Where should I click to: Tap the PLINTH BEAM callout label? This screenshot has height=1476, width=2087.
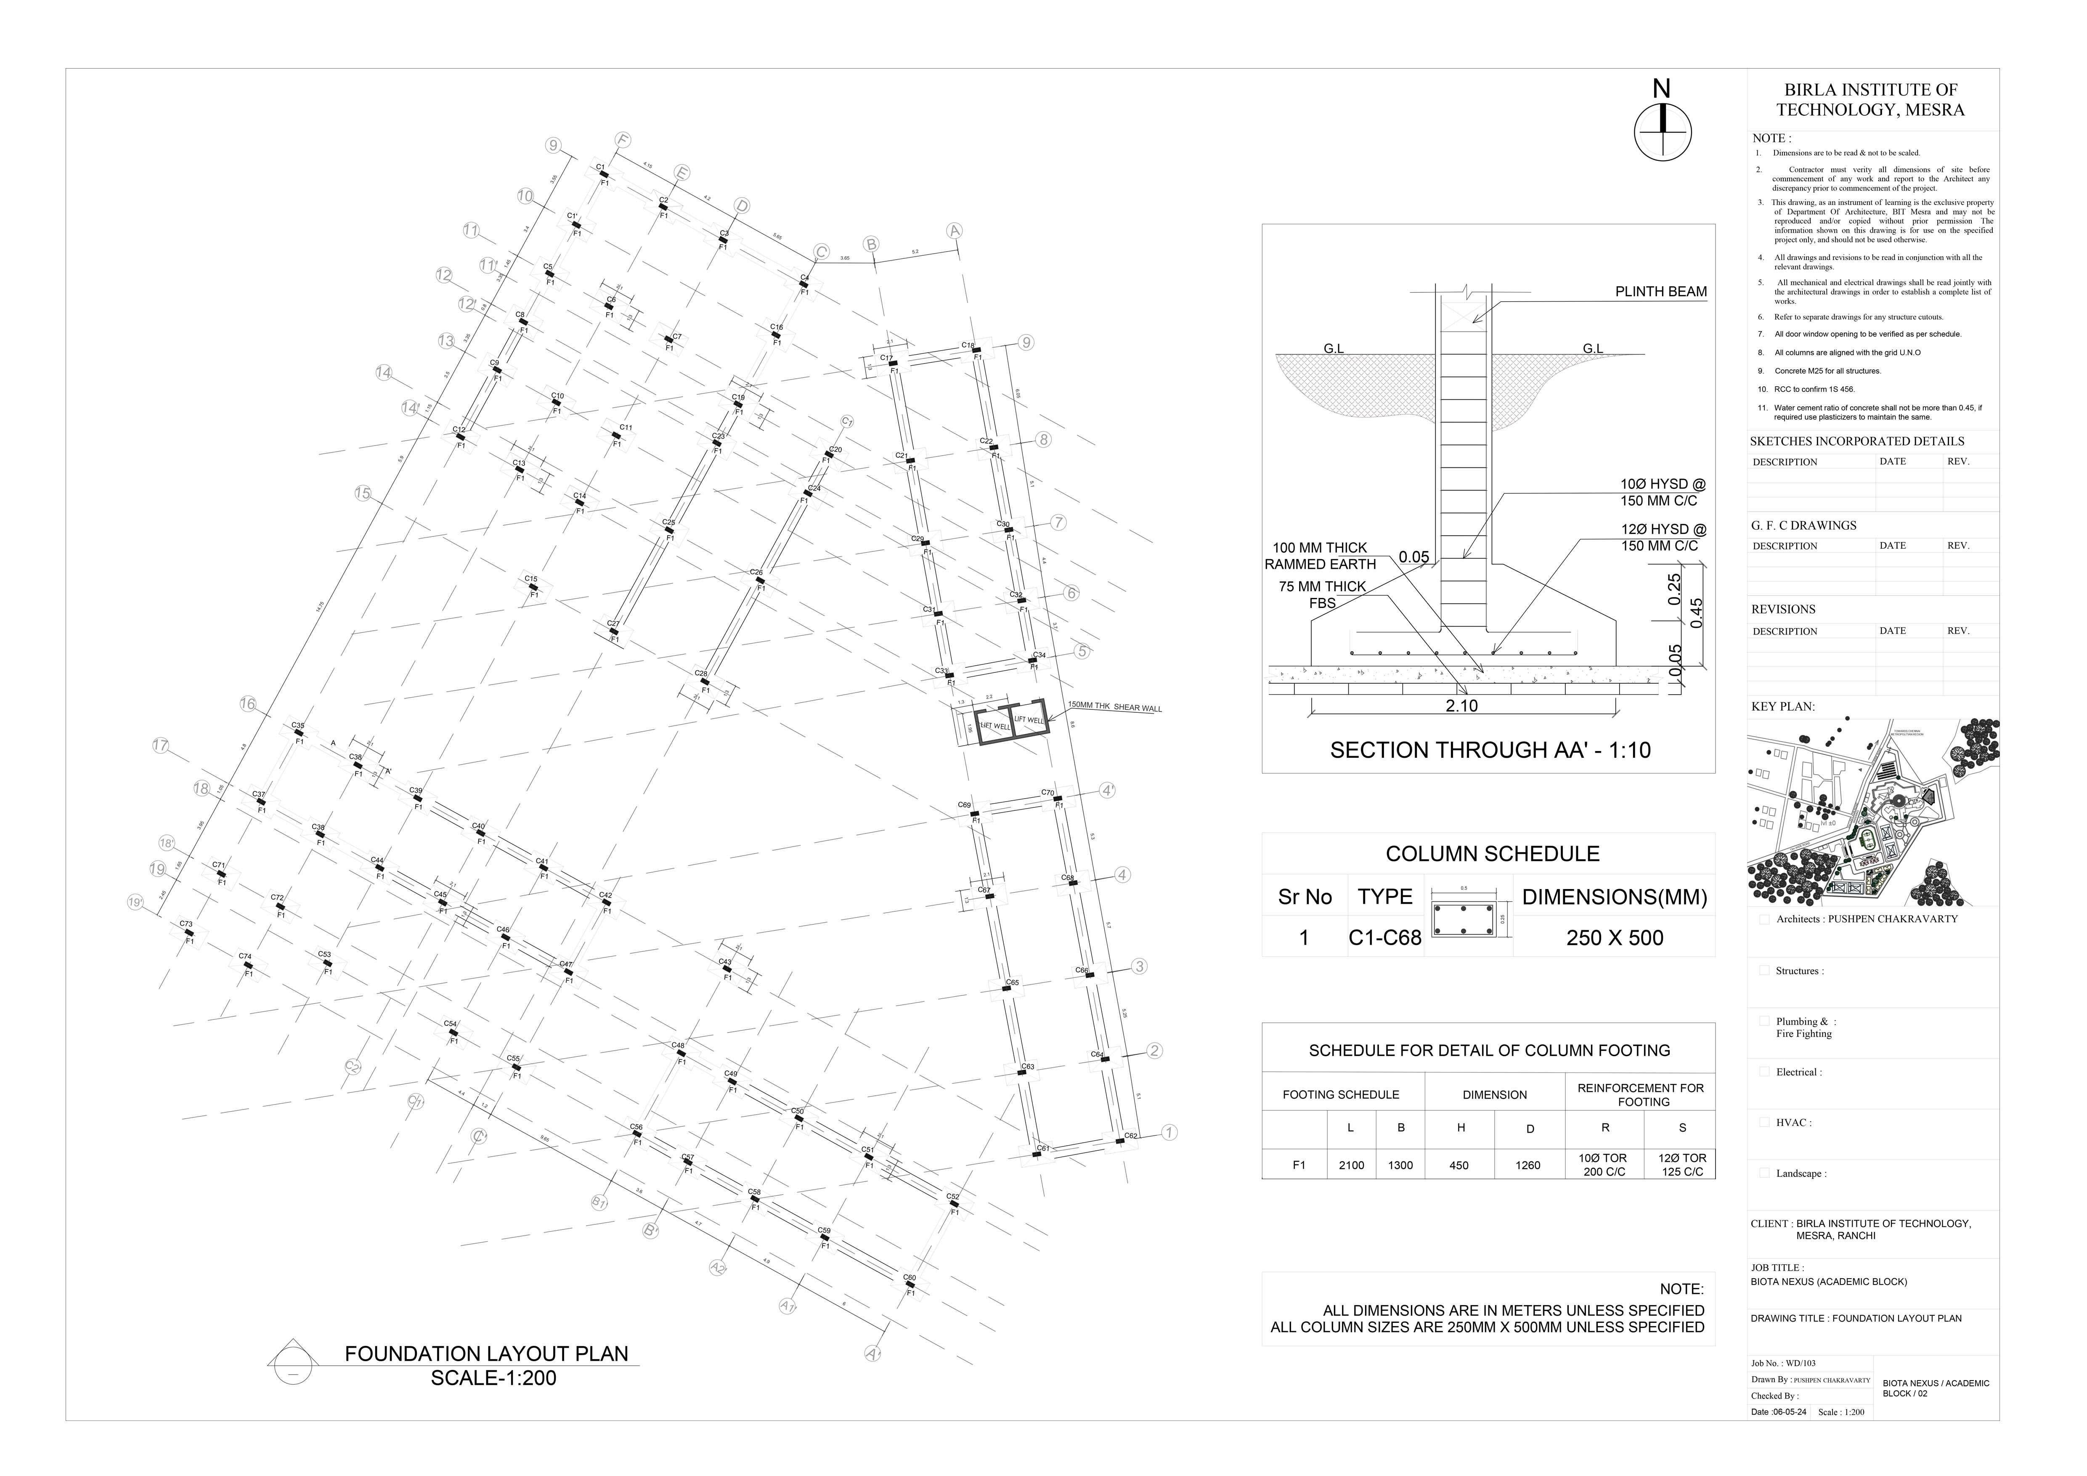(x=1660, y=292)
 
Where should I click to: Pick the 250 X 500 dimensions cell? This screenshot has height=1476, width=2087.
(x=1614, y=938)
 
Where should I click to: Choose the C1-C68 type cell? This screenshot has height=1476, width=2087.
(x=1384, y=938)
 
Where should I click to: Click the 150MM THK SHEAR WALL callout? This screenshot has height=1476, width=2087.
(x=1114, y=707)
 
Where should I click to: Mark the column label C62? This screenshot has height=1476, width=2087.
(x=1131, y=1135)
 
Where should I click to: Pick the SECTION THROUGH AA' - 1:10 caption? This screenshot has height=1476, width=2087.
(x=1490, y=750)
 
